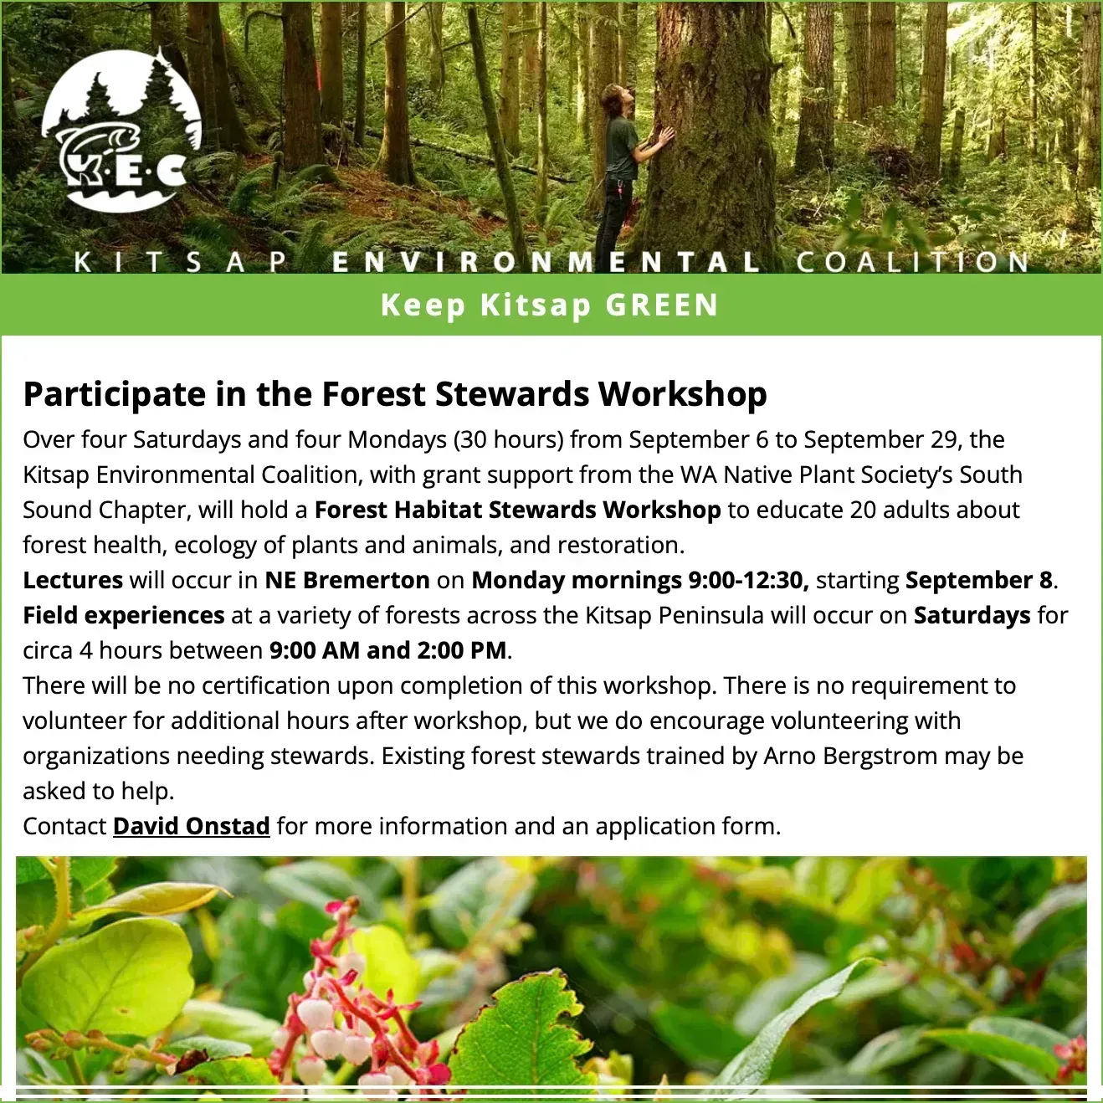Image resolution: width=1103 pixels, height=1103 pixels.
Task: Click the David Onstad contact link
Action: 191,826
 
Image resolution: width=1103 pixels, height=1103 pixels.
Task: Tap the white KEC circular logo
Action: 122,131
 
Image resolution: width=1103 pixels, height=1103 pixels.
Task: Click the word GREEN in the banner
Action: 662,305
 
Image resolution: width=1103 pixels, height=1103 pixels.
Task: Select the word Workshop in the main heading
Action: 683,395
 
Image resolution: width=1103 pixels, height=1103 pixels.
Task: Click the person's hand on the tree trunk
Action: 664,136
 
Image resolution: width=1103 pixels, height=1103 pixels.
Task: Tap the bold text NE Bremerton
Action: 346,580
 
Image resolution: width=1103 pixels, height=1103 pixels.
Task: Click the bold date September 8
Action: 979,581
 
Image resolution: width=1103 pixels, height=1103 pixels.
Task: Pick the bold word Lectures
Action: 73,580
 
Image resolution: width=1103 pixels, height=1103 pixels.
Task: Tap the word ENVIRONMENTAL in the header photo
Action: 546,262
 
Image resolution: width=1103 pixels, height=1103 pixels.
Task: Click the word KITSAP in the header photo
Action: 182,262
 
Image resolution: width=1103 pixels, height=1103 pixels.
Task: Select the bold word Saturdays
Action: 972,615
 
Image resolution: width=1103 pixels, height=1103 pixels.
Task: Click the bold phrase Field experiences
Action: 124,615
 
